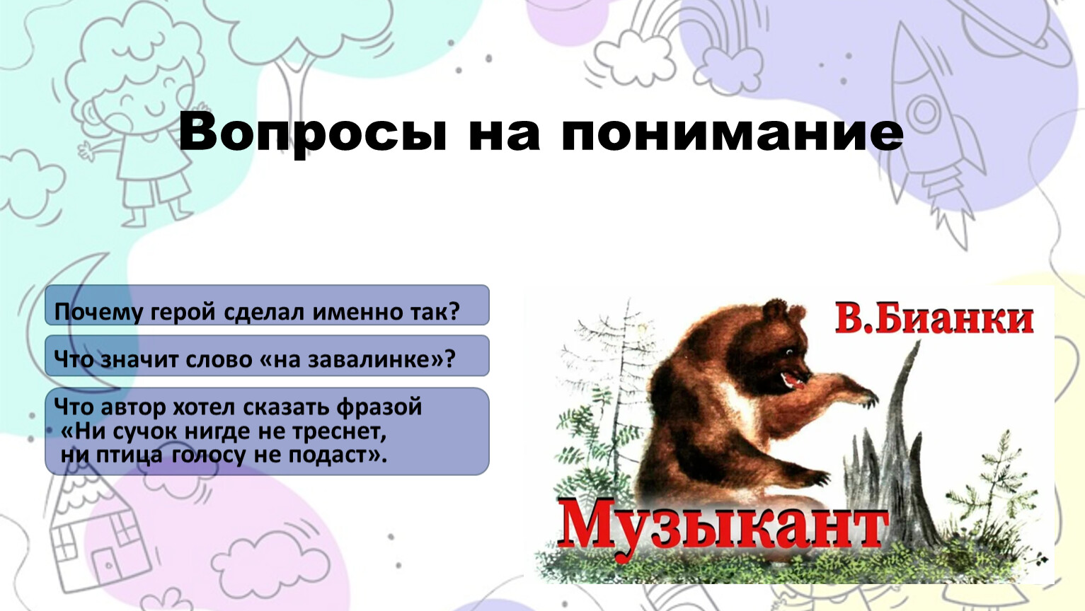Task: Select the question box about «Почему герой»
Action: pyautogui.click(x=267, y=305)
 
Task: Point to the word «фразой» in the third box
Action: pyautogui.click(x=379, y=407)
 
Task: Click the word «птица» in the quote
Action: pyautogui.click(x=130, y=456)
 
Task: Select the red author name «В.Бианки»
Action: pyautogui.click(x=934, y=320)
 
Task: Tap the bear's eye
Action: pyautogui.click(x=789, y=352)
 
